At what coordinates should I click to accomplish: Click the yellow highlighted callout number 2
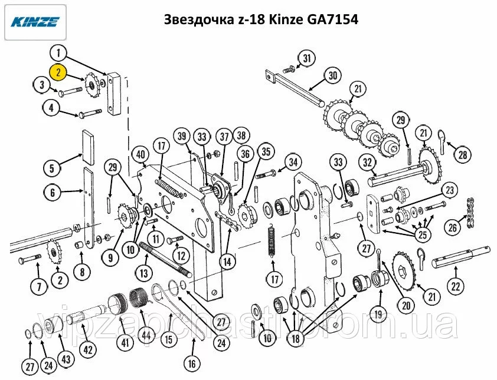coord(58,72)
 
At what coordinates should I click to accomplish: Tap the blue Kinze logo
coord(35,22)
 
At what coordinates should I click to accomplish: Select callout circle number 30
coord(332,75)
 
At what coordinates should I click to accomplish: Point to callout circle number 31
coord(307,58)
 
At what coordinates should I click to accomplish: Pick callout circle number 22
coord(455,287)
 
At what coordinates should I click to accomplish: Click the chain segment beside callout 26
coord(470,212)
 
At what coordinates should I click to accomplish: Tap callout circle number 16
coord(192,364)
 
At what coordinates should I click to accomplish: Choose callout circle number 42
coord(88,349)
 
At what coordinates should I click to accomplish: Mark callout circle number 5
coord(52,168)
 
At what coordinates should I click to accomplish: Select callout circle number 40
coord(140,154)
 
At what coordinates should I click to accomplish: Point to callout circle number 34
coord(293,163)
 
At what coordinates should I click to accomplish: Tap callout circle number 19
coord(378,314)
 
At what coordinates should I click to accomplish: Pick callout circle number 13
coord(144,272)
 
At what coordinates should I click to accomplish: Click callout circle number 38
coord(241,136)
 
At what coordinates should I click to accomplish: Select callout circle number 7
coord(39,287)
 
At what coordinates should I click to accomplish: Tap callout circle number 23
coord(450,190)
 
